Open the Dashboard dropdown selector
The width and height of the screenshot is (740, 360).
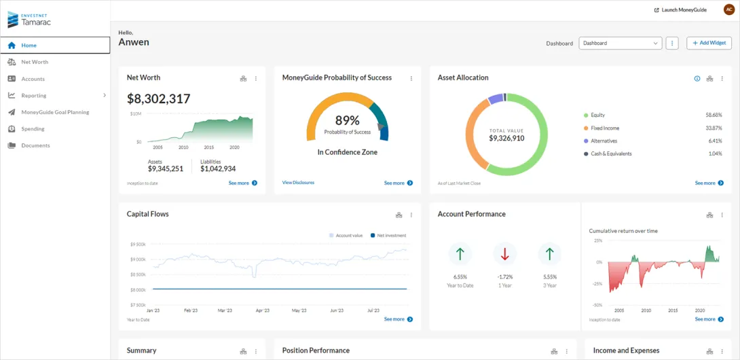(620, 43)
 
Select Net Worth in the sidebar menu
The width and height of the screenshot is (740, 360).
(35, 62)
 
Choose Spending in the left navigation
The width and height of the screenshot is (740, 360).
(33, 129)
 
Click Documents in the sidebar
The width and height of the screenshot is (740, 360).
(35, 145)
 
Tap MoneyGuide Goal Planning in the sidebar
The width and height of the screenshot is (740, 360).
(55, 112)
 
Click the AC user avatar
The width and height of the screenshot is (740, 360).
(729, 10)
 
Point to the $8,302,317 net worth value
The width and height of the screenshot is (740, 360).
(159, 99)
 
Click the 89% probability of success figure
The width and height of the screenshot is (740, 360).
(347, 120)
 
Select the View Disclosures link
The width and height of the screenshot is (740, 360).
(298, 183)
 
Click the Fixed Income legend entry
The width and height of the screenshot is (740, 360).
(605, 128)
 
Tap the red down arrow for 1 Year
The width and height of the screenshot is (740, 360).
(504, 254)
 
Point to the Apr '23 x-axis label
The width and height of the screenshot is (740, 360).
(262, 310)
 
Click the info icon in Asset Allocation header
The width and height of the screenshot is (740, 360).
(697, 79)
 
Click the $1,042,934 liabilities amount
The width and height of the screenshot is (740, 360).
(218, 169)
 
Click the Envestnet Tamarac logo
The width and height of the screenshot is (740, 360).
(29, 19)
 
